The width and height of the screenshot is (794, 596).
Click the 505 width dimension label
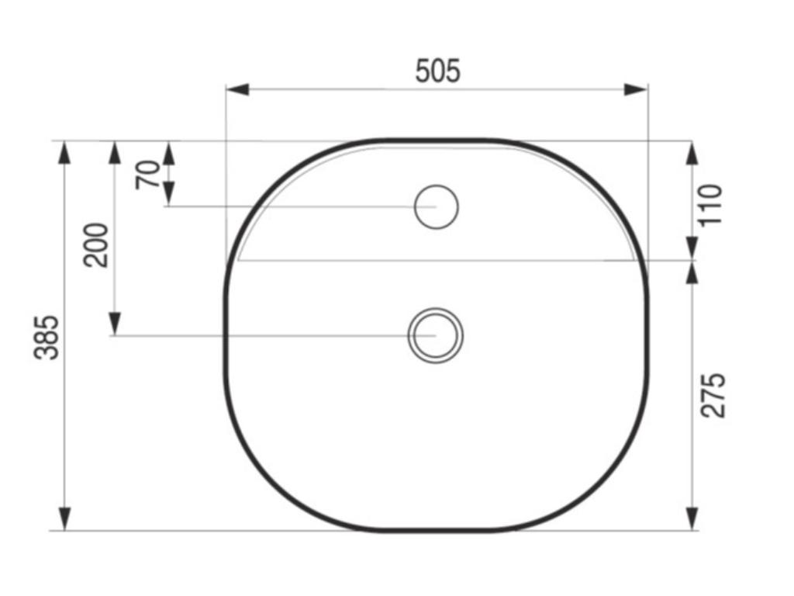(438, 71)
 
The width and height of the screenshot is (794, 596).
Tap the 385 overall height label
(47, 338)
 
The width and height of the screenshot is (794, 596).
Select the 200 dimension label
(96, 244)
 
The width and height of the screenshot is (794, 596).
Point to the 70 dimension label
(148, 175)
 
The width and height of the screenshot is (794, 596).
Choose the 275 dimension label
(713, 395)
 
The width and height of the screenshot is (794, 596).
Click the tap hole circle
(437, 206)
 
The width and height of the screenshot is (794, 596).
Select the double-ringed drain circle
(436, 335)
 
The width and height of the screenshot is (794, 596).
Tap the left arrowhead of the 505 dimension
(237, 90)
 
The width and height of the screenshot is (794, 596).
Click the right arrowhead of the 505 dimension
(636, 90)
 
